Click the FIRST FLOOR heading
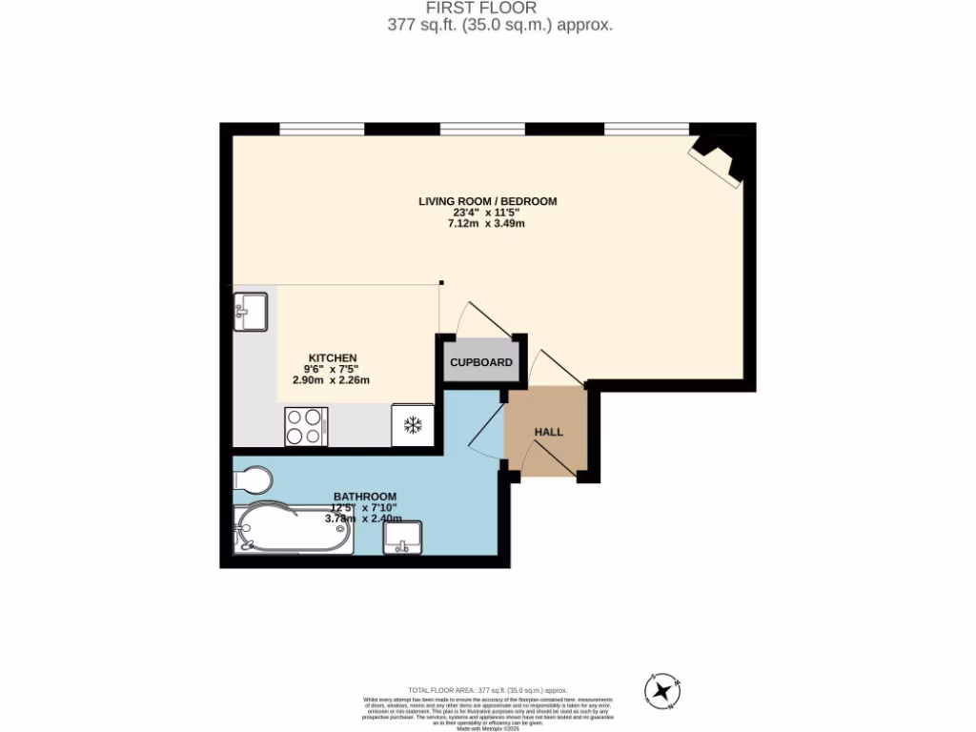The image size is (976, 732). click(x=487, y=9)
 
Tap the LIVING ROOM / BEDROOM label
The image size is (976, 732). click(x=487, y=201)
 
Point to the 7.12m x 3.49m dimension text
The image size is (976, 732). click(x=487, y=224)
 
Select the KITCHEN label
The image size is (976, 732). click(x=331, y=357)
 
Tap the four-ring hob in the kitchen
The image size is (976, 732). click(x=306, y=425)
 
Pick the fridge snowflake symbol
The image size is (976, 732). click(x=413, y=425)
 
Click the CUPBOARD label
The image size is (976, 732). click(x=481, y=362)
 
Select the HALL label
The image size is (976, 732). click(x=548, y=432)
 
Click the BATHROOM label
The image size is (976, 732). click(x=364, y=497)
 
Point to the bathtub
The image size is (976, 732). click(x=293, y=530)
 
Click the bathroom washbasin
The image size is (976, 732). click(x=402, y=537)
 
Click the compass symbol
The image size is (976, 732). click(x=663, y=691)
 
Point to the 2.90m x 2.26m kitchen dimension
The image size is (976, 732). click(x=331, y=380)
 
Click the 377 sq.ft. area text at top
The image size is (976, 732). click(x=499, y=26)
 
